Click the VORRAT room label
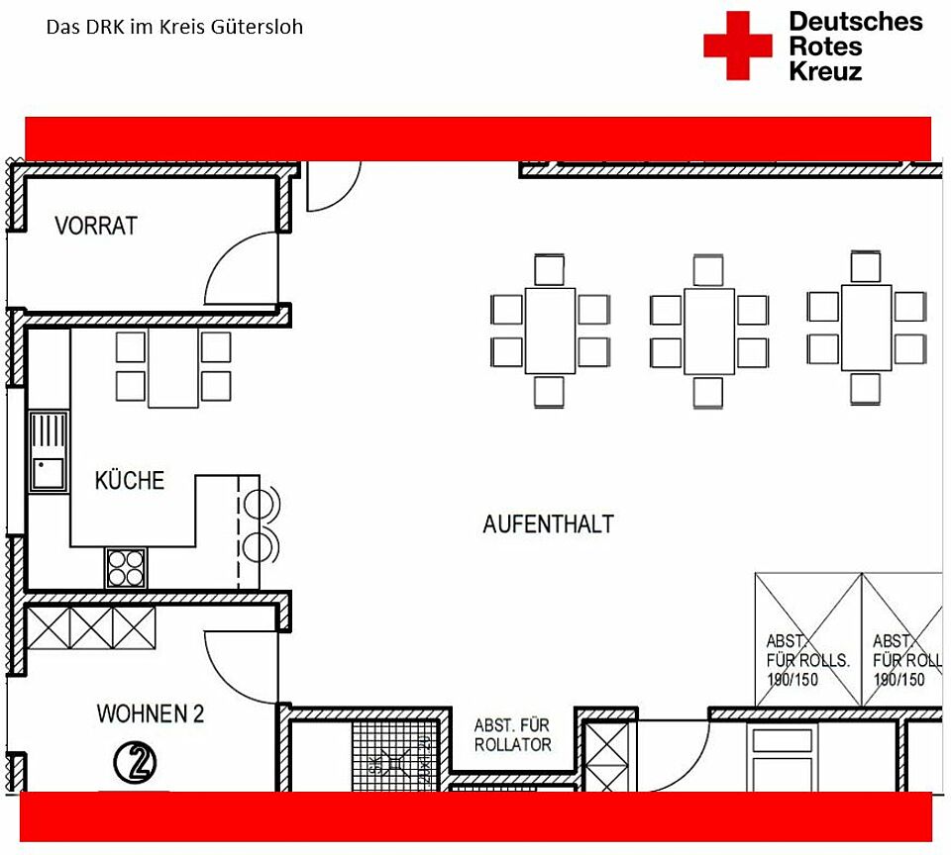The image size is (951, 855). click(96, 226)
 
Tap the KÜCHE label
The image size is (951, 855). click(129, 481)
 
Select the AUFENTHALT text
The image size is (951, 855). click(548, 523)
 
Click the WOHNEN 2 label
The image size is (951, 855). click(151, 713)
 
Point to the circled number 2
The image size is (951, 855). click(137, 762)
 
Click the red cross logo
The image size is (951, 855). click(737, 46)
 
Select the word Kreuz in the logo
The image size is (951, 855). click(825, 71)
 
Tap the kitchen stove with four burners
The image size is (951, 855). click(125, 567)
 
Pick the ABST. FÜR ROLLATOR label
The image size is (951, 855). click(512, 735)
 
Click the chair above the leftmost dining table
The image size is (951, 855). click(549, 269)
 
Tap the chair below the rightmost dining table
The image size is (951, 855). click(865, 388)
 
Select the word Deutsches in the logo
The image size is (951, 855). click(855, 22)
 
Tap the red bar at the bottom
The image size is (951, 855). click(475, 816)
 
